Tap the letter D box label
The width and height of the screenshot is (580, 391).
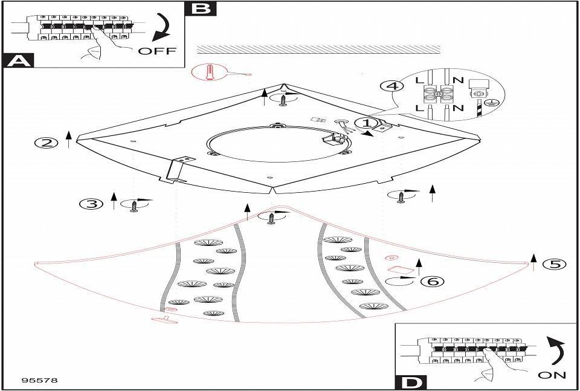click(x=411, y=382)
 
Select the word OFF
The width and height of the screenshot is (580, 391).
click(x=157, y=51)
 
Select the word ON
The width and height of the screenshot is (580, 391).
click(x=552, y=375)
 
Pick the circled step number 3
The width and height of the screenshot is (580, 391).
click(x=91, y=204)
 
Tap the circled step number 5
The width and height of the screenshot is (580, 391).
click(x=553, y=264)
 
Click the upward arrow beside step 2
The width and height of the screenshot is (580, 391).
click(x=69, y=140)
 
